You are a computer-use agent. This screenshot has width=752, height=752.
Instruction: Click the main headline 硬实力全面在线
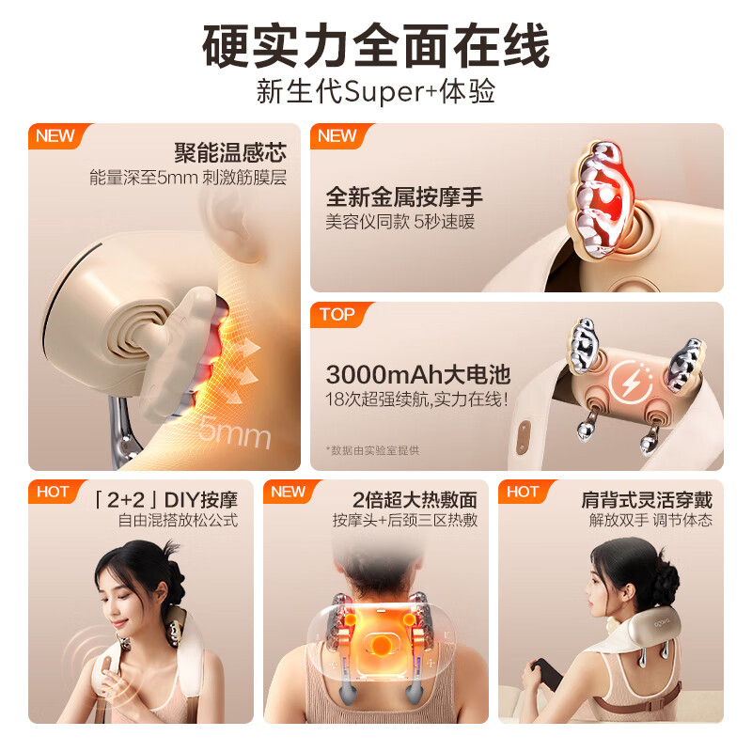click(376, 44)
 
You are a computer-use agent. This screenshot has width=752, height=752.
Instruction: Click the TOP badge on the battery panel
click(337, 315)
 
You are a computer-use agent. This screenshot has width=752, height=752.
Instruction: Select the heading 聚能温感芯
click(230, 153)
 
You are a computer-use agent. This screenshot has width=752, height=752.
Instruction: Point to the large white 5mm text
click(234, 431)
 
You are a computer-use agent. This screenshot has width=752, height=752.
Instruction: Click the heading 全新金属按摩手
click(404, 198)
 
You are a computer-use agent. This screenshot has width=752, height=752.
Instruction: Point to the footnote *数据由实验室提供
click(372, 449)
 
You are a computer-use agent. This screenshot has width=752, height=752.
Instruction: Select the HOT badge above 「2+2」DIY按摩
click(54, 492)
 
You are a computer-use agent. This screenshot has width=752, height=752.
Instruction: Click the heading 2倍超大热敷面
click(415, 499)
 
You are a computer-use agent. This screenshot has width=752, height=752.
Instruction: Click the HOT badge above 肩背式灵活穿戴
click(524, 492)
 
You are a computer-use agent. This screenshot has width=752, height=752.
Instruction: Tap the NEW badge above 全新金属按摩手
click(337, 135)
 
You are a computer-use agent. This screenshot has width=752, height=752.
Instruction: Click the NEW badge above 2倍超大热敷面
click(289, 492)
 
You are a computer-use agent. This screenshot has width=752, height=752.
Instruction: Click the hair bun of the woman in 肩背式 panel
click(648, 569)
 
